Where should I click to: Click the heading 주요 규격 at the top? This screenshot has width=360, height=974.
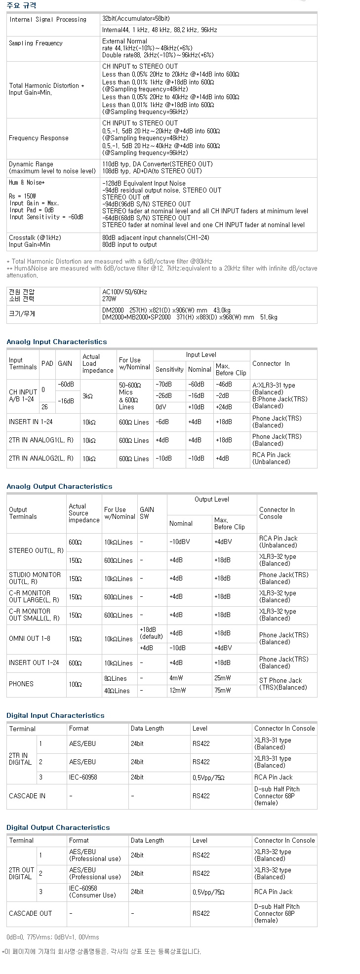pyautogui.click(x=21, y=5)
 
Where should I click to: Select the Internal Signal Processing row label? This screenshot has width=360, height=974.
pyautogui.click(x=47, y=20)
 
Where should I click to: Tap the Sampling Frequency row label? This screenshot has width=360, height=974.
pyautogui.click(x=36, y=43)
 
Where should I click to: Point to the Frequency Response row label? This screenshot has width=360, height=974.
pyautogui.click(x=39, y=138)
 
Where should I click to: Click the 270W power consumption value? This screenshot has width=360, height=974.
pyautogui.click(x=109, y=299)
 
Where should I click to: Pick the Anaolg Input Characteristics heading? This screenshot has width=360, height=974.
pyautogui.click(x=57, y=342)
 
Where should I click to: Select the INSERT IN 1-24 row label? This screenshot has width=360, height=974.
pyautogui.click(x=31, y=422)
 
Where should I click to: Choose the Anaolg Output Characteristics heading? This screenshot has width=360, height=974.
pyautogui.click(x=59, y=486)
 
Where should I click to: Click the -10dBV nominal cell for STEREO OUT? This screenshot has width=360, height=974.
pyautogui.click(x=178, y=542)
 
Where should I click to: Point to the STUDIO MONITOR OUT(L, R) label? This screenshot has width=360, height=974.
pyautogui.click(x=35, y=578)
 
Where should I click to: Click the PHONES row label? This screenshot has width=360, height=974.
pyautogui.click(x=21, y=684)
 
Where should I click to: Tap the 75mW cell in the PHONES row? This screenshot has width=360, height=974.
pyautogui.click(x=222, y=691)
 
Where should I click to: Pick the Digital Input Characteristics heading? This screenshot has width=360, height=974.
pyautogui.click(x=55, y=715)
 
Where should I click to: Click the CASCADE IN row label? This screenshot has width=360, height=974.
pyautogui.click(x=27, y=796)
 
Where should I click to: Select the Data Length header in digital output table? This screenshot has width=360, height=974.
pyautogui.click(x=147, y=840)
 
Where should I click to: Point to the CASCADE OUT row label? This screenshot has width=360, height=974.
pyautogui.click(x=30, y=913)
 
